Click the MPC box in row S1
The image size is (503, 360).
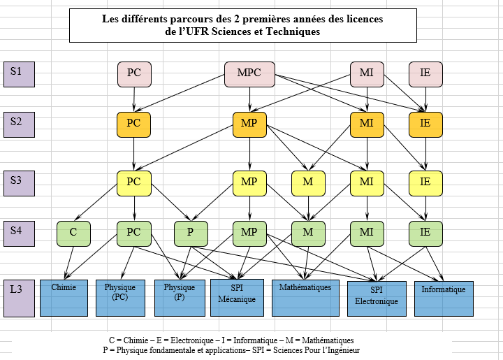[249, 74]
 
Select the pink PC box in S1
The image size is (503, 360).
[134, 74]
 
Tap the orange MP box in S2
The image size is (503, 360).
[249, 125]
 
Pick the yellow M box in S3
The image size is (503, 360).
[308, 184]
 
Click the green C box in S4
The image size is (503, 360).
[73, 234]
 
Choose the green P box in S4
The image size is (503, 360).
[191, 234]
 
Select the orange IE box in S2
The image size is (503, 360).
[425, 125]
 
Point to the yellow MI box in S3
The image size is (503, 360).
[367, 184]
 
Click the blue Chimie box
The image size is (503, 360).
[64, 298]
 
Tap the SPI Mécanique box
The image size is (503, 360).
[237, 298]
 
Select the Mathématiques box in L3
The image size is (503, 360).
[305, 298]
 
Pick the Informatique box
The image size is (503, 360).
[444, 298]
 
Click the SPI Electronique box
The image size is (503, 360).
[377, 298]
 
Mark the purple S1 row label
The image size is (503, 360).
[20, 74]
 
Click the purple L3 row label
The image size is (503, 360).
[20, 298]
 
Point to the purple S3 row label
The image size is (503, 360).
[20, 184]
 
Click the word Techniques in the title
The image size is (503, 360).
[293, 31]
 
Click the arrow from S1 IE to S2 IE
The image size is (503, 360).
[425, 99]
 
